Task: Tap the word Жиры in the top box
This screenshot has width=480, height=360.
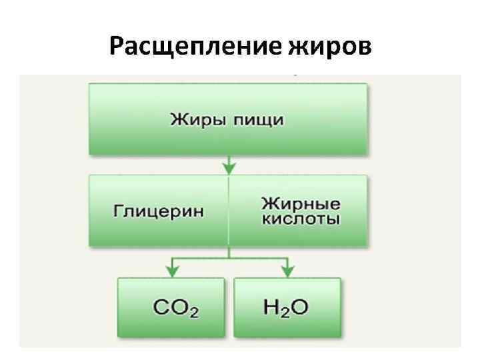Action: [x=194, y=121]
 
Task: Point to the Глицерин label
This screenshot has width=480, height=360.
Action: [x=159, y=211]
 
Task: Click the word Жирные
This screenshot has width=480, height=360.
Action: [x=301, y=203]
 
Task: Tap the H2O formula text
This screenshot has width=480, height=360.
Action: [x=286, y=307]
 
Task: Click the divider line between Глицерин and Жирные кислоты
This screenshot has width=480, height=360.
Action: [x=229, y=211]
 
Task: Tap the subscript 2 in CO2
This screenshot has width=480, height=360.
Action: [x=194, y=312]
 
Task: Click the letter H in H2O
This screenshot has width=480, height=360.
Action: [x=271, y=307]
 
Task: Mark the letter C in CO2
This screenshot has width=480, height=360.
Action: [x=161, y=308]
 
